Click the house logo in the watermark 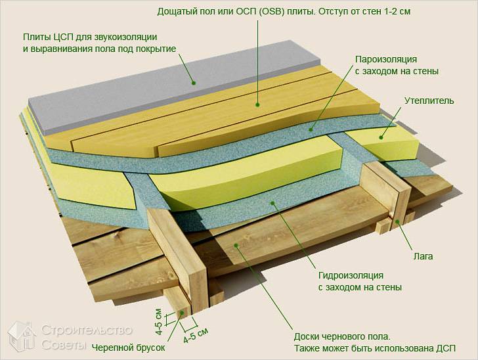pyautogui.click(x=21, y=337)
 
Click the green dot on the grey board pyautogui.click(x=193, y=83)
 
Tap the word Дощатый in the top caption pyautogui.click(x=179, y=12)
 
